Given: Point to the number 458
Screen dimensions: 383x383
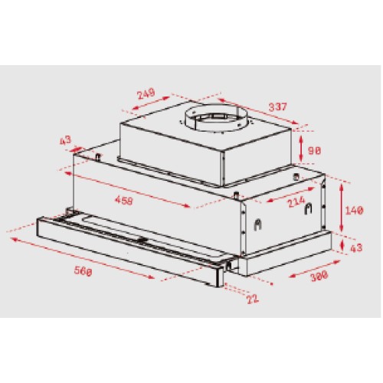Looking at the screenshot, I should pyautogui.click(x=136, y=201).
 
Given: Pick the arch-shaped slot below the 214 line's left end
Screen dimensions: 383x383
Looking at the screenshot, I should pyautogui.click(x=259, y=226).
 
